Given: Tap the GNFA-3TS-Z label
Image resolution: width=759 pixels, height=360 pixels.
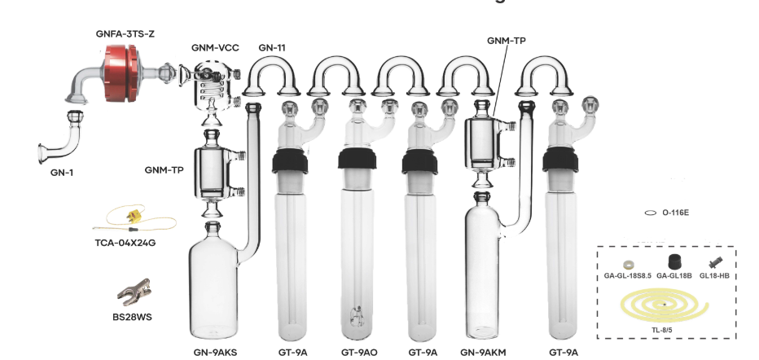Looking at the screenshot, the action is coord(125,34).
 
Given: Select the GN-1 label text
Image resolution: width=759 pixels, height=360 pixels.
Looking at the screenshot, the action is coord(62,172).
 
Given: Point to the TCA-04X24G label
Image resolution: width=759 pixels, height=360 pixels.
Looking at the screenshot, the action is coord(125,243).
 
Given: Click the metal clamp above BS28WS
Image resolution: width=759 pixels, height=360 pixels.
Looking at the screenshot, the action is coord(134,292).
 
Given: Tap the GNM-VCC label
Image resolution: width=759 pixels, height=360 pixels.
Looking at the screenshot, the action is coord(215,48).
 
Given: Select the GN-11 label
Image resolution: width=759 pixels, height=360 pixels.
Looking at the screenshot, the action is coord(271,47).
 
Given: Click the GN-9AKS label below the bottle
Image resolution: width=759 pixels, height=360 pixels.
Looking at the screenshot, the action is coord(216,352).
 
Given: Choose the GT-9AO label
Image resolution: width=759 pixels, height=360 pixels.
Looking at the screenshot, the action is coord(359,352).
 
